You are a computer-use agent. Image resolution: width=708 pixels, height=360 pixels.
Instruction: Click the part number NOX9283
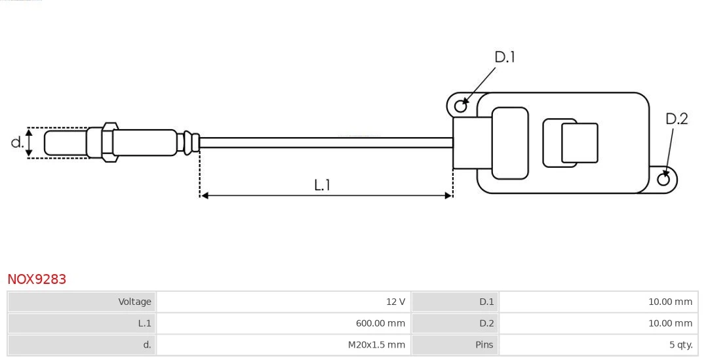[x=37, y=279]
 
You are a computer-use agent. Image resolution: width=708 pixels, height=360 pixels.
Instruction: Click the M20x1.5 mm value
[x=376, y=344]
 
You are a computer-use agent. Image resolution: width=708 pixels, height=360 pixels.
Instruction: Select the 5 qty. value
[x=676, y=344]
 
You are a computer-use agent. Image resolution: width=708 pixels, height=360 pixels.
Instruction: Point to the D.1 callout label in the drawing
[x=504, y=58]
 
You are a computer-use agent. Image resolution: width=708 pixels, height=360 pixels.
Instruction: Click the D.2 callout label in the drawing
[x=677, y=119]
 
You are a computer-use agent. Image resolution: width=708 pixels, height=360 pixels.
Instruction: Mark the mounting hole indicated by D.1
[x=461, y=105]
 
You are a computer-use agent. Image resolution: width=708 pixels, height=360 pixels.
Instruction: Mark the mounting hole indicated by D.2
[x=663, y=180]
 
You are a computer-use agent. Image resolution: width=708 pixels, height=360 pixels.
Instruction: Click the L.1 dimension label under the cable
[x=322, y=186]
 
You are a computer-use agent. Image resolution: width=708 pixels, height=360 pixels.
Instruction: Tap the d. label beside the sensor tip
[x=17, y=142]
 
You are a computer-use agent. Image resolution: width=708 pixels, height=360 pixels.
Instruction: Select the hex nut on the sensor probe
[x=109, y=141]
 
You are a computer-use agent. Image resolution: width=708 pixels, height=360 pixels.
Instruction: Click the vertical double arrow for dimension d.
[x=29, y=142]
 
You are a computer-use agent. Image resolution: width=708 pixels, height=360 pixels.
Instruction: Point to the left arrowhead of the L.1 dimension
[x=204, y=195]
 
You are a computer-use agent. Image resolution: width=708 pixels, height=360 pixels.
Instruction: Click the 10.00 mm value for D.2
[x=670, y=323]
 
